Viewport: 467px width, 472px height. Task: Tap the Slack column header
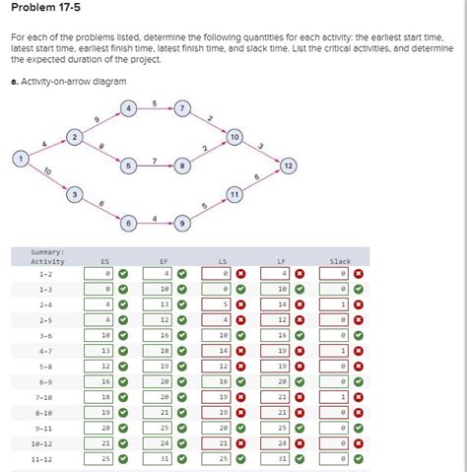tap(339, 261)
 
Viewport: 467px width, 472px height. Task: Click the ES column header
tap(105, 261)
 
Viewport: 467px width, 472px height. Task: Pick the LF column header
tap(282, 261)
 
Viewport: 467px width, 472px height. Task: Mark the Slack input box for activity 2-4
tap(336, 304)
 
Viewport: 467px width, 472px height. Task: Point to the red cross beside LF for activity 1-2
tap(300, 273)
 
